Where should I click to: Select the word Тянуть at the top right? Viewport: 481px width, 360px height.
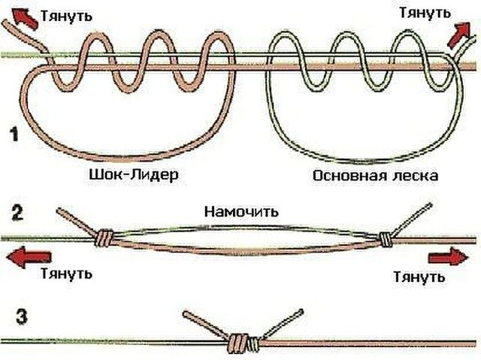(425, 13)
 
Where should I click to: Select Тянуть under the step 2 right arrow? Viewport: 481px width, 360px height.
(419, 277)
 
